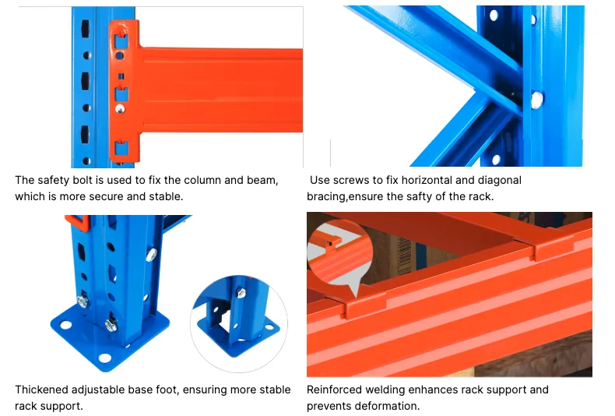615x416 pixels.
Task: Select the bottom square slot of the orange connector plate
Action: [x=119, y=147]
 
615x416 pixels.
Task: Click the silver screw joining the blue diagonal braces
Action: [x=536, y=99]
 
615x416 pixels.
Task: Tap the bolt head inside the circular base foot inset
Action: [x=241, y=292]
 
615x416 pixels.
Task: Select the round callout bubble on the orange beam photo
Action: [x=336, y=252]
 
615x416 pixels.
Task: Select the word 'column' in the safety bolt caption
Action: [x=202, y=180]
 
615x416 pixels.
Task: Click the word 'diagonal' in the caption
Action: [x=498, y=180]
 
